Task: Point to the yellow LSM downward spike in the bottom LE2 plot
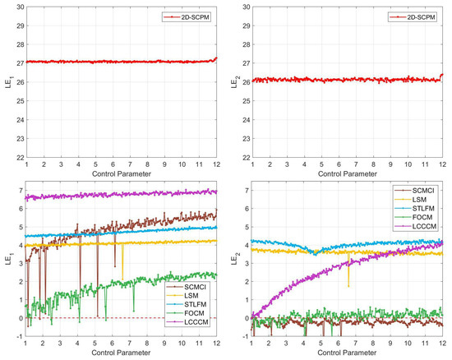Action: pyautogui.click(x=348, y=284)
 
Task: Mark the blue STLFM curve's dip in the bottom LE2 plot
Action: pyautogui.click(x=314, y=253)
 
